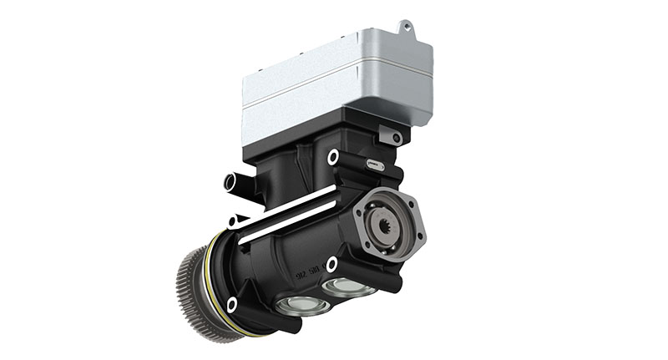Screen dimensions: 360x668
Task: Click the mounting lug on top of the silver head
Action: [x=406, y=27]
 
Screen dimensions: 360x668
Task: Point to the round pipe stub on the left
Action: [x=233, y=181]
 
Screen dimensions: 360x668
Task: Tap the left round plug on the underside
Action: [x=299, y=306]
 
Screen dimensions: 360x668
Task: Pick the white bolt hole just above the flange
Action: [x=333, y=156]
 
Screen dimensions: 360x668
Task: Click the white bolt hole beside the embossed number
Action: [x=331, y=265]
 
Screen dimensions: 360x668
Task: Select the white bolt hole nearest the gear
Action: [x=231, y=304]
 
